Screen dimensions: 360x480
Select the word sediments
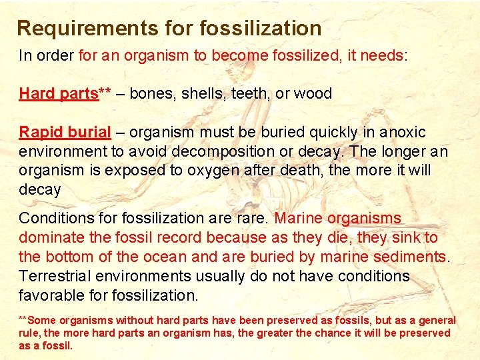coord(411,257)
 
